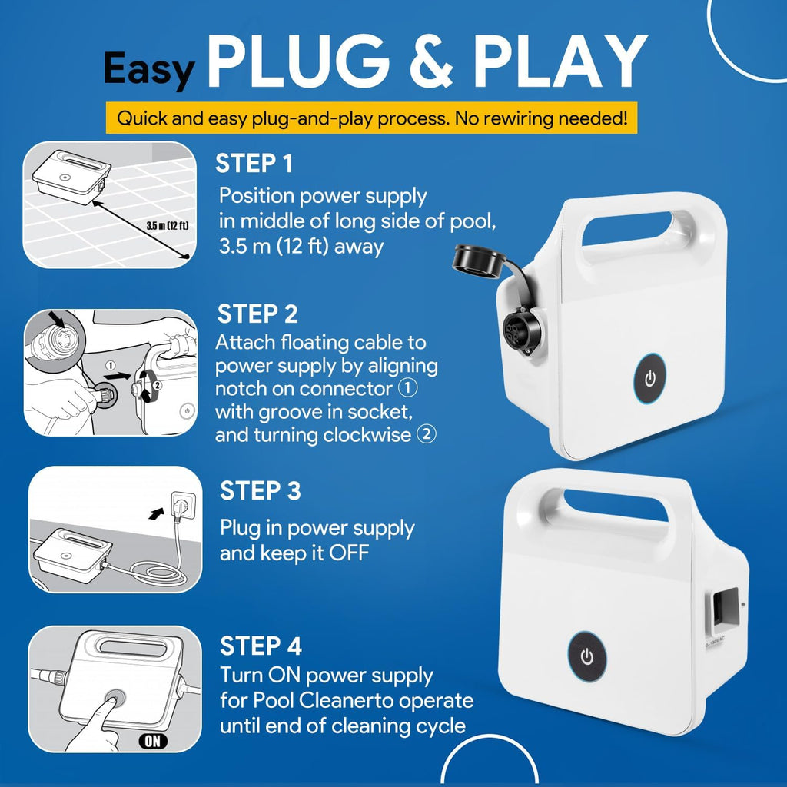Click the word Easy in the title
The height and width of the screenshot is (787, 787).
pos(149,70)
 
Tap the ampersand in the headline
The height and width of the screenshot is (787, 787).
pos(431,61)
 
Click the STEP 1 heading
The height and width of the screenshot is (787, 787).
pos(254,164)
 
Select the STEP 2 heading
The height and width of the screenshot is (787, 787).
pos(257,314)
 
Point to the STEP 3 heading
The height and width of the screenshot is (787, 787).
pos(261,490)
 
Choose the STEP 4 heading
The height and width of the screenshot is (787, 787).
pos(261,646)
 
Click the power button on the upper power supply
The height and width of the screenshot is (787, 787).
pos(650,378)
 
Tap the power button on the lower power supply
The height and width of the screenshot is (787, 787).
pos(586,656)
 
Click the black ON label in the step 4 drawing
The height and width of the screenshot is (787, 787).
pos(153,741)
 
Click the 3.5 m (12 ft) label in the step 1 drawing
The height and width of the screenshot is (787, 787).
pos(168,226)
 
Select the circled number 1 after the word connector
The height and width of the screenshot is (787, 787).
pos(408,388)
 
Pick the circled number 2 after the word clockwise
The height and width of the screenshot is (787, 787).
pos(427,434)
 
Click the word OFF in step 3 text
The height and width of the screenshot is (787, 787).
pos(349,553)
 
